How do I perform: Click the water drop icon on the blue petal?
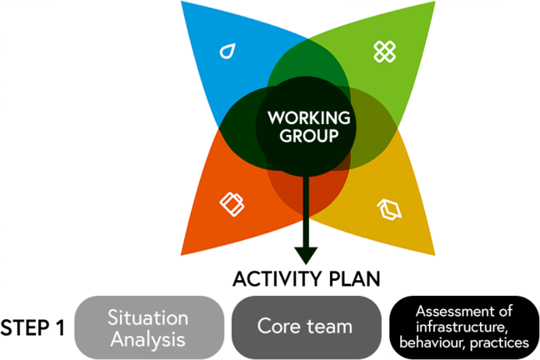pyautogui.click(x=227, y=52)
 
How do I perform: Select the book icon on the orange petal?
pyautogui.click(x=231, y=203)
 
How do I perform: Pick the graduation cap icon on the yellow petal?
pyautogui.click(x=389, y=209)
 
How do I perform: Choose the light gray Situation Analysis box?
pyautogui.click(x=149, y=327)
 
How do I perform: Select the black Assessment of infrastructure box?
pyautogui.click(x=463, y=327)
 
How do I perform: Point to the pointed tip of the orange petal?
pyautogui.click(x=182, y=253)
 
